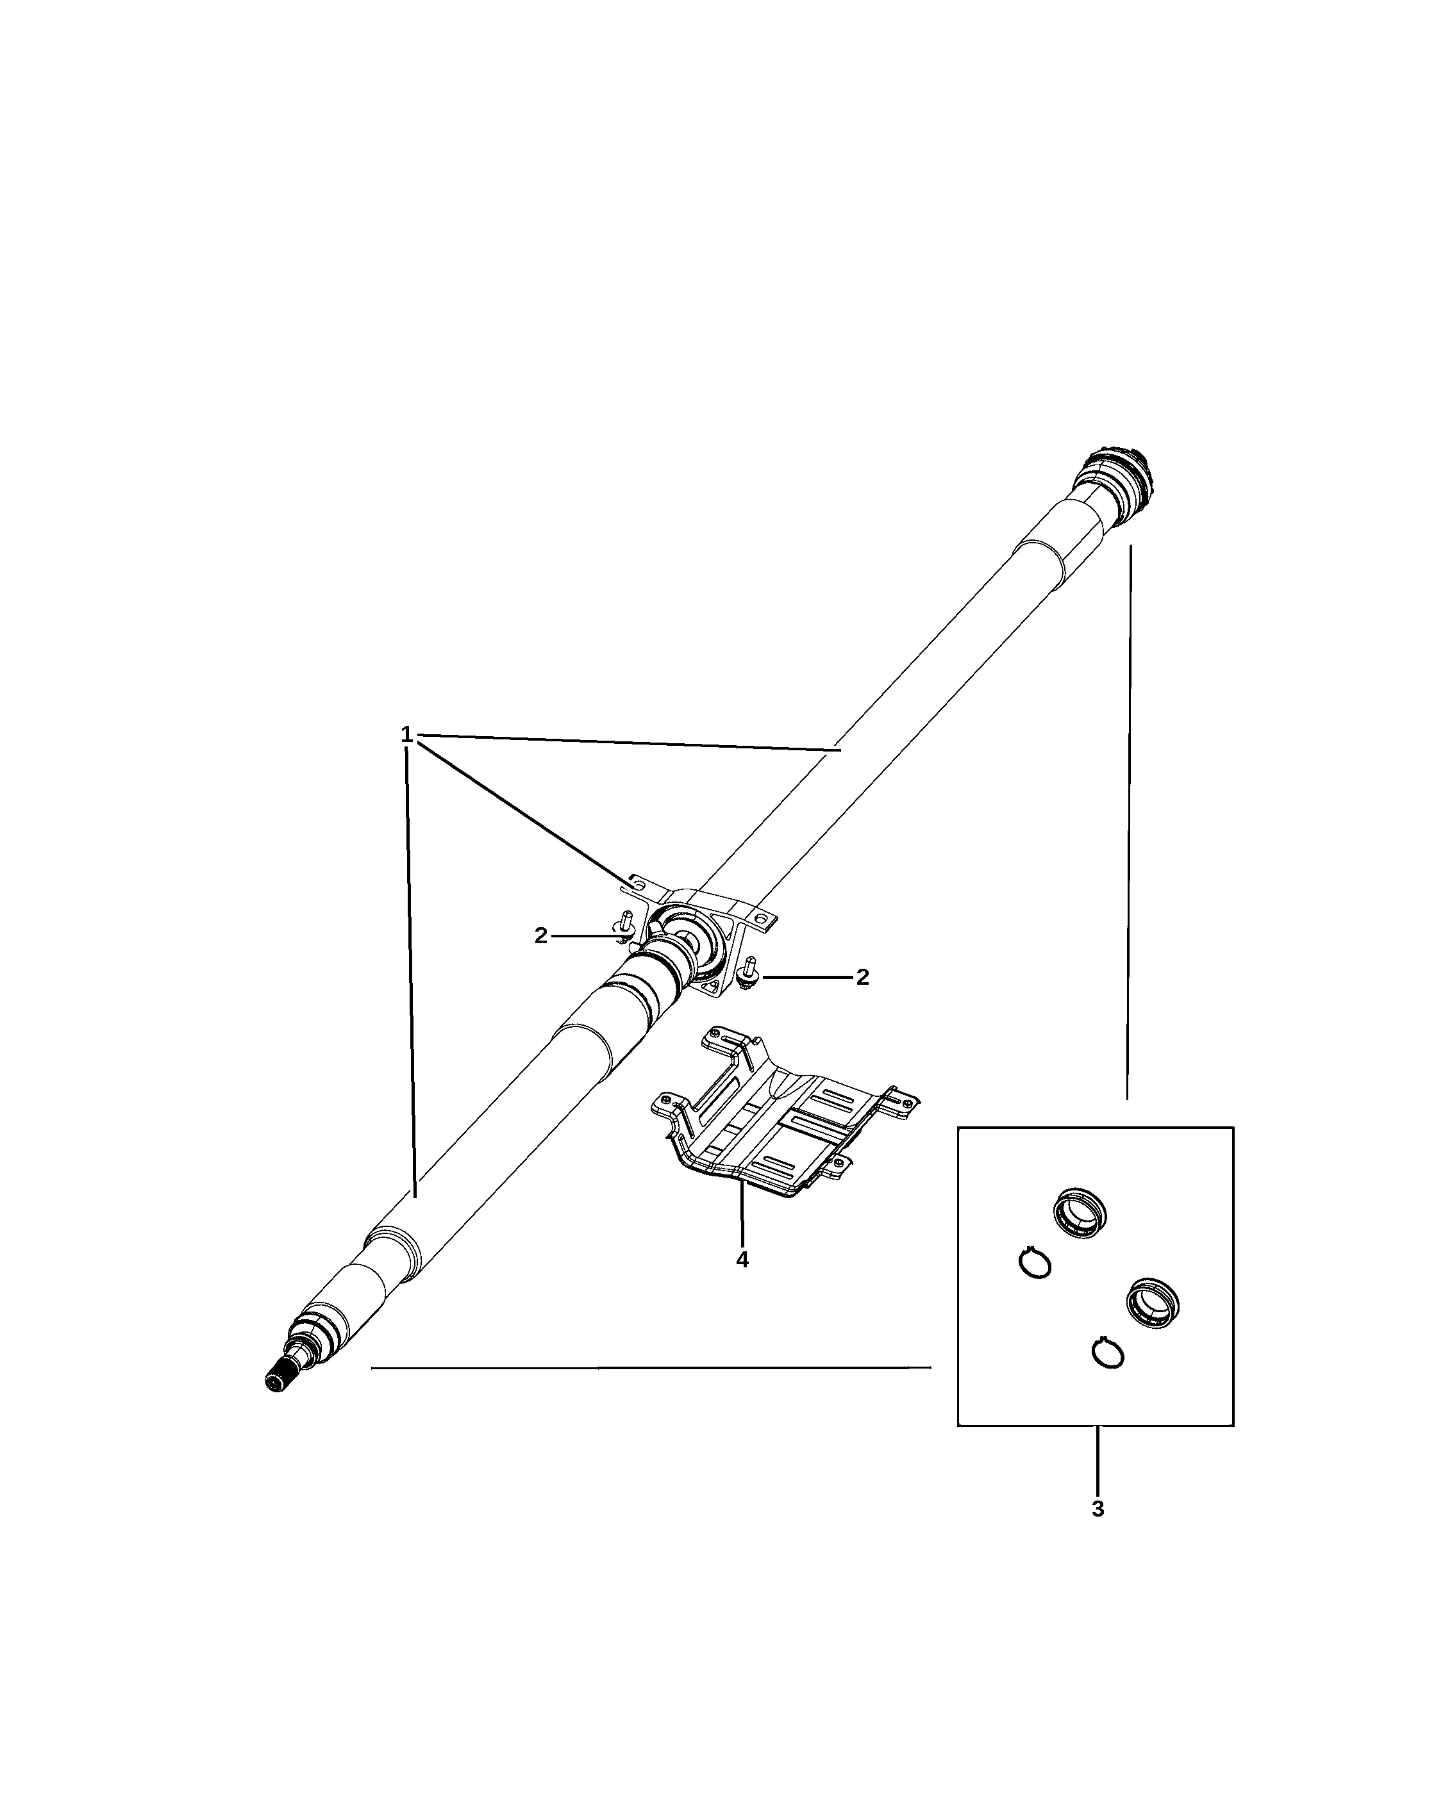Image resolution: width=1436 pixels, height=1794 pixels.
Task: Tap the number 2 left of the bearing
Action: click(x=541, y=936)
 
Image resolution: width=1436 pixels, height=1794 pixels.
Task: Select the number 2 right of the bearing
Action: click(x=862, y=978)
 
